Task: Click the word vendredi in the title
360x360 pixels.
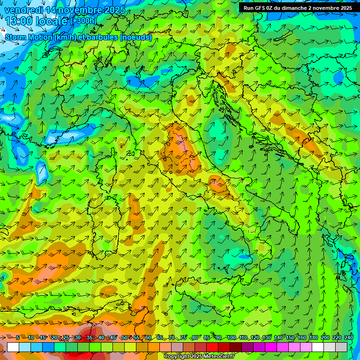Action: (x=23, y=10)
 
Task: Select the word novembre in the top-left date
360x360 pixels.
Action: (x=81, y=10)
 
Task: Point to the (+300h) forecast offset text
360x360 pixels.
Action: (x=83, y=21)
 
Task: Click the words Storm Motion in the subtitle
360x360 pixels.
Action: (x=29, y=37)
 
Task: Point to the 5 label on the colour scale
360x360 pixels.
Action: (x=18, y=337)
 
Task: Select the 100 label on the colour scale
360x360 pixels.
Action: (x=232, y=337)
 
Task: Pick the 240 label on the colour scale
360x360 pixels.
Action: (x=349, y=337)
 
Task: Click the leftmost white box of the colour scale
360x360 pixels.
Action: (x=13, y=347)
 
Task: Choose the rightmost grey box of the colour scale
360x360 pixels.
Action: (x=341, y=347)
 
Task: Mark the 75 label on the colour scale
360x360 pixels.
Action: (x=183, y=337)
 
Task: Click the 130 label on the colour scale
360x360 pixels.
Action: (x=267, y=337)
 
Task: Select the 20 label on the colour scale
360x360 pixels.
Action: (x=54, y=337)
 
